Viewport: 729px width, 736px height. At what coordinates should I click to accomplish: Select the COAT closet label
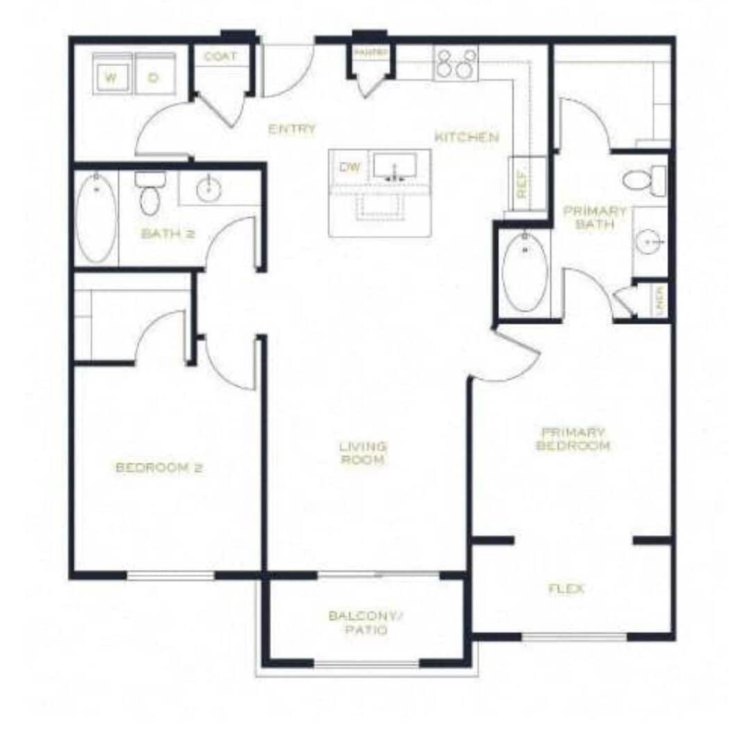click(220, 56)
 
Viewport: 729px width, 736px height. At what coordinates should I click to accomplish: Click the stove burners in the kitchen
click(456, 63)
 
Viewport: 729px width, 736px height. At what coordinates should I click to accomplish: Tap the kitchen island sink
click(395, 167)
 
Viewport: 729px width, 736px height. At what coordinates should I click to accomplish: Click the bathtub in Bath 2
click(96, 218)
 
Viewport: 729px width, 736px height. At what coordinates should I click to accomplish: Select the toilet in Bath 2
click(149, 194)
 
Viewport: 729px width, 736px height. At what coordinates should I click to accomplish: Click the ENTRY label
click(292, 129)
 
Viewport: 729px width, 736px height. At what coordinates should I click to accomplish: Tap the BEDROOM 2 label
click(158, 468)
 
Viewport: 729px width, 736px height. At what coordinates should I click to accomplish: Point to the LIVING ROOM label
click(363, 453)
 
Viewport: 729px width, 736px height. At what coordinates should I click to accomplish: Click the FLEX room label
click(566, 589)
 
